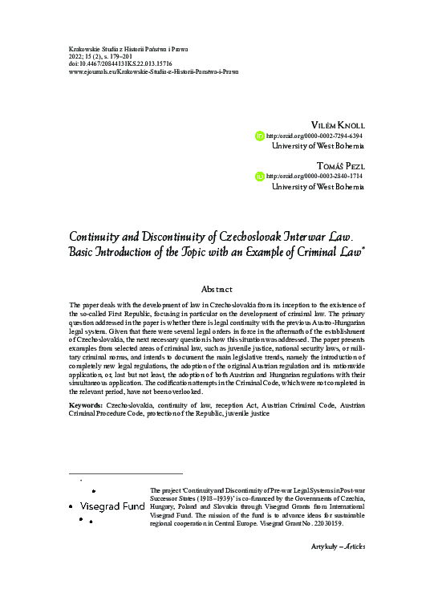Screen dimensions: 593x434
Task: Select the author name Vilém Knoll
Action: pyautogui.click(x=336, y=125)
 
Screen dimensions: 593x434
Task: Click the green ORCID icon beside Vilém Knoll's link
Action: pyautogui.click(x=259, y=136)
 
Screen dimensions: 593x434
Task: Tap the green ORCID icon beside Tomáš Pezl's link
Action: pyautogui.click(x=259, y=176)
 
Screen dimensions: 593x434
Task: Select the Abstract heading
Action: pyautogui.click(x=217, y=289)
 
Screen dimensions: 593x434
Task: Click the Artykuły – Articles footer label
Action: pyautogui.click(x=337, y=568)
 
